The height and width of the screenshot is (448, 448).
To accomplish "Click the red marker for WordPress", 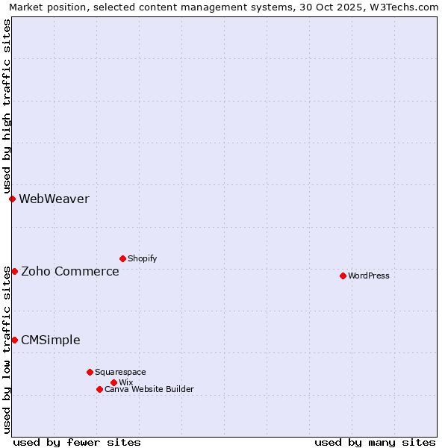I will tap(343, 276).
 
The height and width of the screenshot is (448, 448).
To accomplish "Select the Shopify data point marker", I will tap(122, 258).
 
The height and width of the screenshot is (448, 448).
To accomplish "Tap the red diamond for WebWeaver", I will tap(12, 199).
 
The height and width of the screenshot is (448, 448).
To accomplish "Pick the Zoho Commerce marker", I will tap(14, 271).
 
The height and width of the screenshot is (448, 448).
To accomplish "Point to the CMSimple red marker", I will tap(14, 340).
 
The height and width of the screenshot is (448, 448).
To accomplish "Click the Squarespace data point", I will tap(90, 372).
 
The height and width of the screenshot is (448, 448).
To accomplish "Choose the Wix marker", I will tap(113, 382).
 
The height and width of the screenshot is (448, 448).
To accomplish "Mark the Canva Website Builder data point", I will tap(99, 389).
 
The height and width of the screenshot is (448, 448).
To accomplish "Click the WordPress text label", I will tap(369, 276).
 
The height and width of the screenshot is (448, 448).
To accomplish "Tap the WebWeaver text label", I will tap(54, 199).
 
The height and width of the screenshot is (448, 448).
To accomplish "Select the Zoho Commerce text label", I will tap(70, 271).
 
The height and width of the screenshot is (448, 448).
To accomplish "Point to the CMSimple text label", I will tap(51, 340).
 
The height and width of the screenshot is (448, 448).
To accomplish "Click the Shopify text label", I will tap(143, 258).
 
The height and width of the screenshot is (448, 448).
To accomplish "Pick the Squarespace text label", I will tap(121, 372).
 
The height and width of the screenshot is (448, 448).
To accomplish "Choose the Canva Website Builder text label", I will tap(149, 389).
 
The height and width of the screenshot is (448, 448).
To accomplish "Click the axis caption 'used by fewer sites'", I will tap(77, 442).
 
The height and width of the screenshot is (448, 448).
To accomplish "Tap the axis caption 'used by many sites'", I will tap(375, 442).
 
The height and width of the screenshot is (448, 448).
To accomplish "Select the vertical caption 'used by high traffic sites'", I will tap(7, 106).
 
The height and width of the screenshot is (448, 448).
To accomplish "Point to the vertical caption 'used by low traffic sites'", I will tap(7, 349).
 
